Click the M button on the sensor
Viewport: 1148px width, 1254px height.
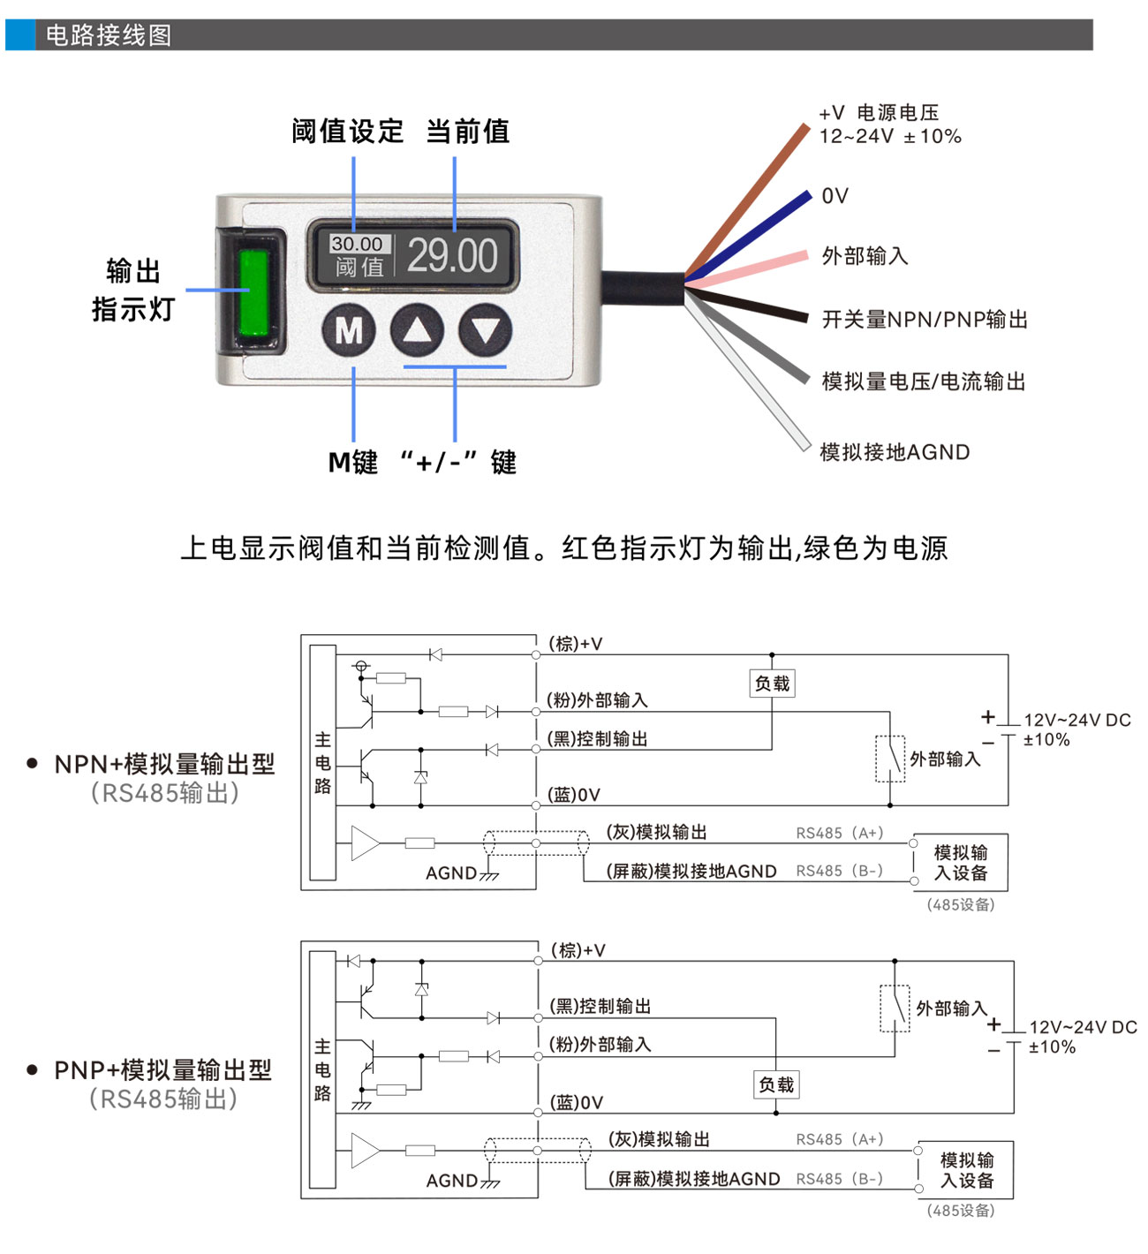click(349, 331)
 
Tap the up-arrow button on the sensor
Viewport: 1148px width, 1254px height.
click(417, 331)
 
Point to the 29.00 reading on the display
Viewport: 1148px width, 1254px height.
click(452, 256)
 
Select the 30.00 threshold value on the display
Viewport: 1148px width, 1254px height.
click(357, 244)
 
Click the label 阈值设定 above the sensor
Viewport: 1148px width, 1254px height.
click(347, 132)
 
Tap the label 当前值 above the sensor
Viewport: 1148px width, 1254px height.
click(467, 132)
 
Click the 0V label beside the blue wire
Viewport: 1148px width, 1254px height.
click(835, 196)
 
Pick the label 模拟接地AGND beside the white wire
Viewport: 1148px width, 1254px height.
click(895, 452)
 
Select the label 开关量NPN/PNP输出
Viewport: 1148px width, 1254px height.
click(925, 320)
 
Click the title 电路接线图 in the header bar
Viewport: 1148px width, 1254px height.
click(109, 35)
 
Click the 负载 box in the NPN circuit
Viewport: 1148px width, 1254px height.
click(772, 684)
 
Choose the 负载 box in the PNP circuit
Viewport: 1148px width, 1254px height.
click(777, 1084)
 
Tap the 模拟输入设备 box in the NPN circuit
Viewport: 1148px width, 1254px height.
click(961, 863)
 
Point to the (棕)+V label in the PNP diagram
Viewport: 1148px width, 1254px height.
click(578, 950)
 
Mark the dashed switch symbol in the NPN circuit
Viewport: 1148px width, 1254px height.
click(890, 759)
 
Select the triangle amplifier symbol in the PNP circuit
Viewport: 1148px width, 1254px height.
click(364, 1151)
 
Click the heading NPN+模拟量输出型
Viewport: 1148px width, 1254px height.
click(164, 764)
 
